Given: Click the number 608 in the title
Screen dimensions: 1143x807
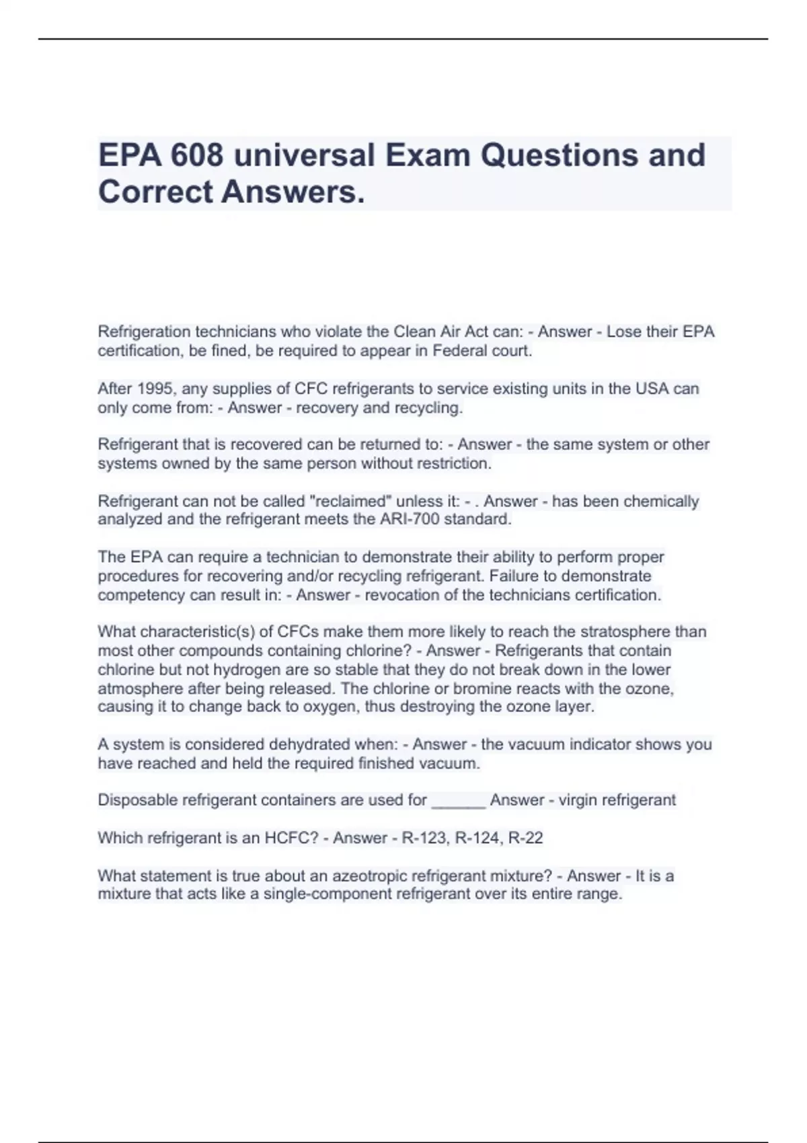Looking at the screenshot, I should (x=196, y=155).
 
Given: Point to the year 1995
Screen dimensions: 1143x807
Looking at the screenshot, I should (x=155, y=389).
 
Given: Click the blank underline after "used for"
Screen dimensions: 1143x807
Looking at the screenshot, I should (x=458, y=801).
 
